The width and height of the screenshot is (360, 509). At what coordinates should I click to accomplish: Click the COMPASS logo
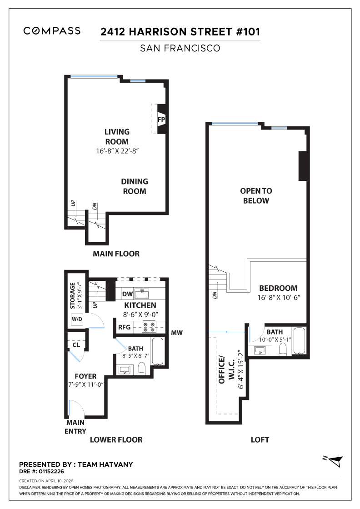[52, 31]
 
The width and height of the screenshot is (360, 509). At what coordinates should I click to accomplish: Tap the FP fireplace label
[160, 120]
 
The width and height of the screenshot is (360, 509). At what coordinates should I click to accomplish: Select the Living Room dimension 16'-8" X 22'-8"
[117, 151]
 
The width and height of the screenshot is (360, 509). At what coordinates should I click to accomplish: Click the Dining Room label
[134, 186]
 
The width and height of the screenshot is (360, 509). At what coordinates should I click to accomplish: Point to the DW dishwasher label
[128, 294]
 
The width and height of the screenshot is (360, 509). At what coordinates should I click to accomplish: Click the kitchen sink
[145, 293]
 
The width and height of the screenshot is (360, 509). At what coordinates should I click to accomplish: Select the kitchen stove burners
[150, 326]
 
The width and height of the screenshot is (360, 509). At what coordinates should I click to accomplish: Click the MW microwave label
[177, 333]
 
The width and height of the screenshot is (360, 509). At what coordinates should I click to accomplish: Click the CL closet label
[76, 344]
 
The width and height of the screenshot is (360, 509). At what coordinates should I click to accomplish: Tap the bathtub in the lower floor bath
[157, 351]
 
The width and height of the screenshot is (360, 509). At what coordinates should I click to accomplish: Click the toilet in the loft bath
[282, 349]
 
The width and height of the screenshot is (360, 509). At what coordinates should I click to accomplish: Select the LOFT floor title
[260, 439]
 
